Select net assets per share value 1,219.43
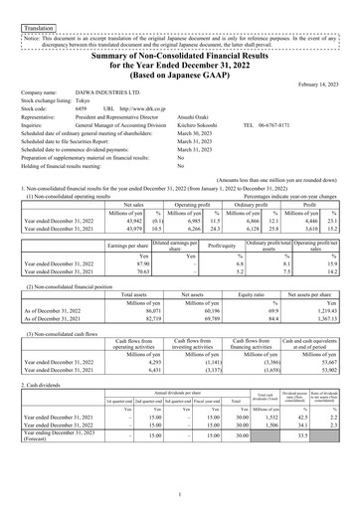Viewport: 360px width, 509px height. pyautogui.click(x=309, y=340)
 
